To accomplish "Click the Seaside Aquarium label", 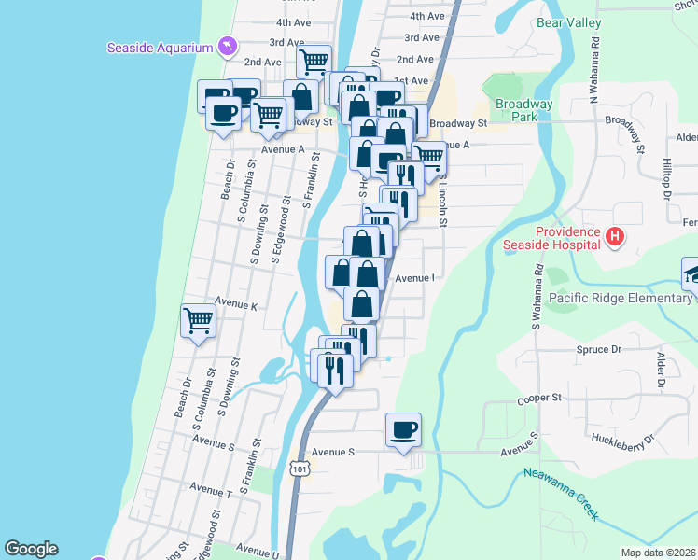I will click(161, 47).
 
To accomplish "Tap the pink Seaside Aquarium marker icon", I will click(227, 46).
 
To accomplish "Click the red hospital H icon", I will click(614, 237).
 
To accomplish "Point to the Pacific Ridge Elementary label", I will click(621, 298).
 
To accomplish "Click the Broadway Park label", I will click(524, 110).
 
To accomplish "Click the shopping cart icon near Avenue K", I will click(198, 321).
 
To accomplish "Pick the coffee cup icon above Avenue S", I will click(403, 429).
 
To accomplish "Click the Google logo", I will click(32, 549).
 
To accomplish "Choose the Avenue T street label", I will click(210, 488).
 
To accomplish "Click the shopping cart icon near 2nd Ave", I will click(314, 61).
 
